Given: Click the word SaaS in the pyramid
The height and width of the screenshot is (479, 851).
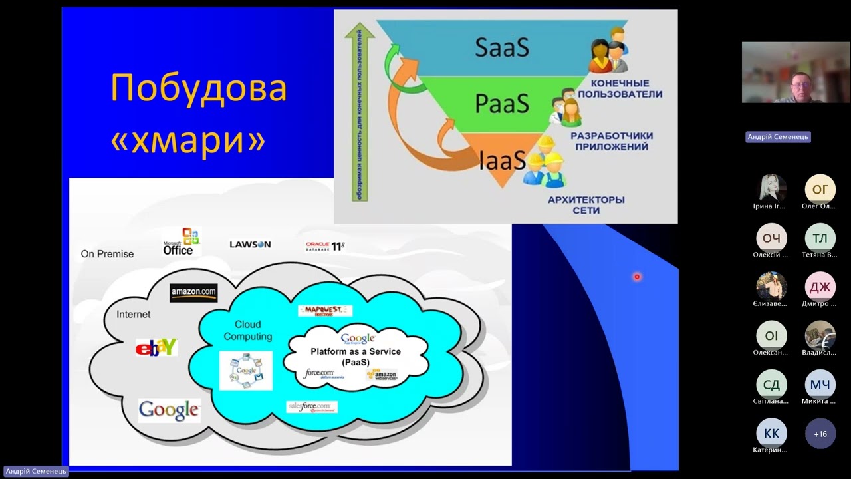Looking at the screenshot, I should coord(502,47).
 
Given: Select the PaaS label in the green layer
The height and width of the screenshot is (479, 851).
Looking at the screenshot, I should coord(502,104).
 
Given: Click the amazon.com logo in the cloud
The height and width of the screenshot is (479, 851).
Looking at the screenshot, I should coord(193,293).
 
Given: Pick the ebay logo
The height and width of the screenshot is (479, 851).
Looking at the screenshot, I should coord(156,347).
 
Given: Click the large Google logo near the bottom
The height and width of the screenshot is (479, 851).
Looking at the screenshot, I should coord(170,410).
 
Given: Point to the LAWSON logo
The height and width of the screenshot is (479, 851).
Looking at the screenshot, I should coord(250,245).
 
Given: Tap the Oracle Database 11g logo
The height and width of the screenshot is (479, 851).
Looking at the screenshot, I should coord(325,246).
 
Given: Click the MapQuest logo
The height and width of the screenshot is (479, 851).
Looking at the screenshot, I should coord(324,311).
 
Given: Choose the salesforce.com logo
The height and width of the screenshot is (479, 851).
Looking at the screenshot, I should coord(312,406).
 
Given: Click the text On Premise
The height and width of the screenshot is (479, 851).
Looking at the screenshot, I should coord(107,254).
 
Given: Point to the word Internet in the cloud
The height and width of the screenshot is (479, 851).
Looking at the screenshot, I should coord(134,314).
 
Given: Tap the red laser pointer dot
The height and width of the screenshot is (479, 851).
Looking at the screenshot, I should coord(637,277).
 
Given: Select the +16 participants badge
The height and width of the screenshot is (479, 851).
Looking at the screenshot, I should coord(820,434).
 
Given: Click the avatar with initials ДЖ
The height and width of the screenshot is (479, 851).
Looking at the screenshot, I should coord(820,287).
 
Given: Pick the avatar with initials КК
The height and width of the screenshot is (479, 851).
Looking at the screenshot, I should coord(771,434).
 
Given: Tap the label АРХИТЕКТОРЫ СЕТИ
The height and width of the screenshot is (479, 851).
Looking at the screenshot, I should coord(586,205).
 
